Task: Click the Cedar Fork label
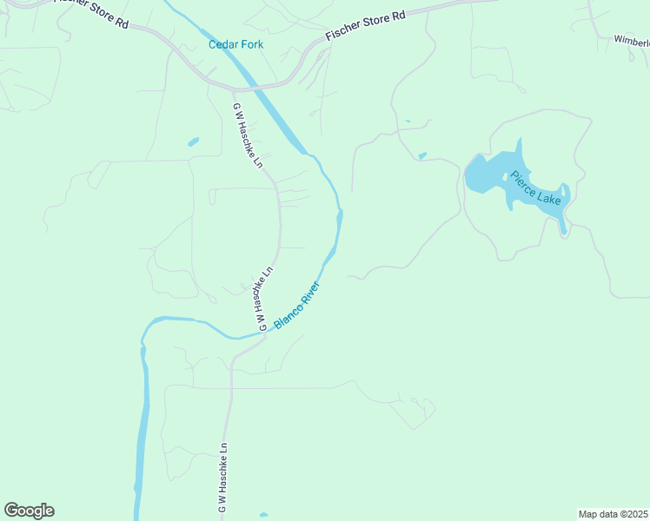[235, 44]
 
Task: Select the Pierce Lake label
[536, 187]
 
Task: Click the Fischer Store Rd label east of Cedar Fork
[366, 27]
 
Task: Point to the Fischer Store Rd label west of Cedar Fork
[90, 11]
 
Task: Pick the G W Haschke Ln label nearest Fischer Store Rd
[247, 135]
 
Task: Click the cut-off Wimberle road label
[632, 41]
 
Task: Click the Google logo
[29, 511]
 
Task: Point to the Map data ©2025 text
[614, 513]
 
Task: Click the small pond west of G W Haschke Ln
[193, 141]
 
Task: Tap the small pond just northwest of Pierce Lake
[422, 156]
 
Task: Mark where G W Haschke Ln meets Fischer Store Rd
[233, 89]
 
